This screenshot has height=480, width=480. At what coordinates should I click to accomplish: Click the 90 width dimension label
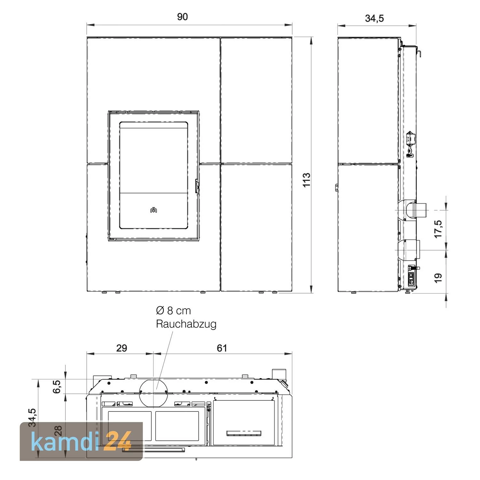(182, 17)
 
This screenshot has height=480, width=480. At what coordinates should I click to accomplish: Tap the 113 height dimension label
(307, 180)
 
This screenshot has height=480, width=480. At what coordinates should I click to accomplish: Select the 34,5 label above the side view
(374, 19)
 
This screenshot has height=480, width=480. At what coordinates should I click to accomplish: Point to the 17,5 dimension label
(438, 229)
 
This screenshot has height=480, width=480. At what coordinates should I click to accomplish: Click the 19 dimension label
(438, 277)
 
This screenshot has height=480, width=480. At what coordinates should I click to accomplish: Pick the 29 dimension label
(122, 348)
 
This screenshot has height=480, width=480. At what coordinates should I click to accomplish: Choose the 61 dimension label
(222, 348)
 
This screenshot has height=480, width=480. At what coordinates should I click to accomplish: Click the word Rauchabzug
(186, 324)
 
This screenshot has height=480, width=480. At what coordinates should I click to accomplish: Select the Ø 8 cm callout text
(173, 310)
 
